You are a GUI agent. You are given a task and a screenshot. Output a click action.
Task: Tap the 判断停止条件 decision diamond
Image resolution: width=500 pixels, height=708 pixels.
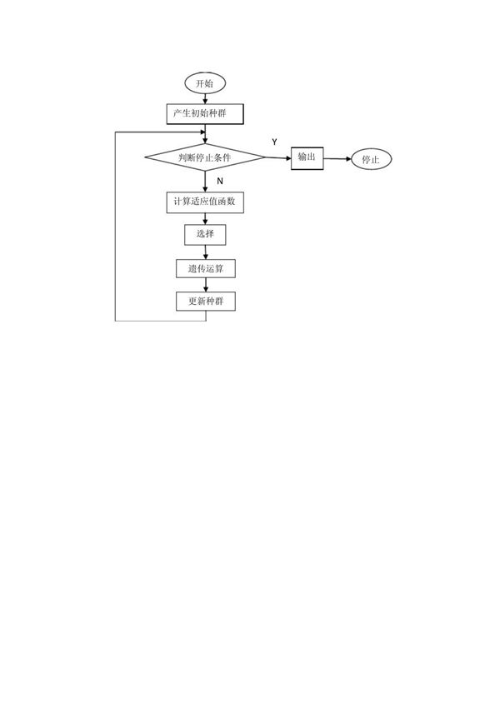[x=205, y=157]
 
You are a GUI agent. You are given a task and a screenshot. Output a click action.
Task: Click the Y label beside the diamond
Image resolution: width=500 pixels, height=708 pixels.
[x=274, y=142]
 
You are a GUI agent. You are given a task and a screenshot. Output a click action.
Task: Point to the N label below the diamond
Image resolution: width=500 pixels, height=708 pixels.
[x=220, y=181]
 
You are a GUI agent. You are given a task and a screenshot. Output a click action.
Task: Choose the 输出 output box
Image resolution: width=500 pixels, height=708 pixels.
[x=307, y=157]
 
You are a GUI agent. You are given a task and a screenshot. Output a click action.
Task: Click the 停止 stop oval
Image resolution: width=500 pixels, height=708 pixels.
[x=371, y=160]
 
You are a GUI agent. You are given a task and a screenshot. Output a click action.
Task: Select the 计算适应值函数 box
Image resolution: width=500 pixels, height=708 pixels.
[x=205, y=202]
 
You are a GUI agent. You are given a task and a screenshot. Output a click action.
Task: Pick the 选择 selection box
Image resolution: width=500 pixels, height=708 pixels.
[x=205, y=234]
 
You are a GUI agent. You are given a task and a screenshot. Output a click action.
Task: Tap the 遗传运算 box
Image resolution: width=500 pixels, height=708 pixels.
[x=205, y=269]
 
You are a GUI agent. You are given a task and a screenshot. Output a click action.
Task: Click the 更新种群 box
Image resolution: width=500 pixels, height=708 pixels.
[x=205, y=301]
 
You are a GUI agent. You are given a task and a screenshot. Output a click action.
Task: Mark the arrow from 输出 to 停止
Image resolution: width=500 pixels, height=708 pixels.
[x=337, y=158]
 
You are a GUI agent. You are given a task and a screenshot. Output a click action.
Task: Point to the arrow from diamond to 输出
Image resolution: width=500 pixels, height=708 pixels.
[x=277, y=157]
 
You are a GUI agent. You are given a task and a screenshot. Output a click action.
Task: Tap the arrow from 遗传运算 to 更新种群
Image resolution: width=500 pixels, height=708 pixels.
[x=205, y=285]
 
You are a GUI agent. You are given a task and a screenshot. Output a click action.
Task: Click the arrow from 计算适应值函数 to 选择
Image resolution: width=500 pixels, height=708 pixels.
[x=205, y=218]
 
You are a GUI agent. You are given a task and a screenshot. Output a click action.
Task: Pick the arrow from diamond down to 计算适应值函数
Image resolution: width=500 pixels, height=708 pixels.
[x=205, y=182]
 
